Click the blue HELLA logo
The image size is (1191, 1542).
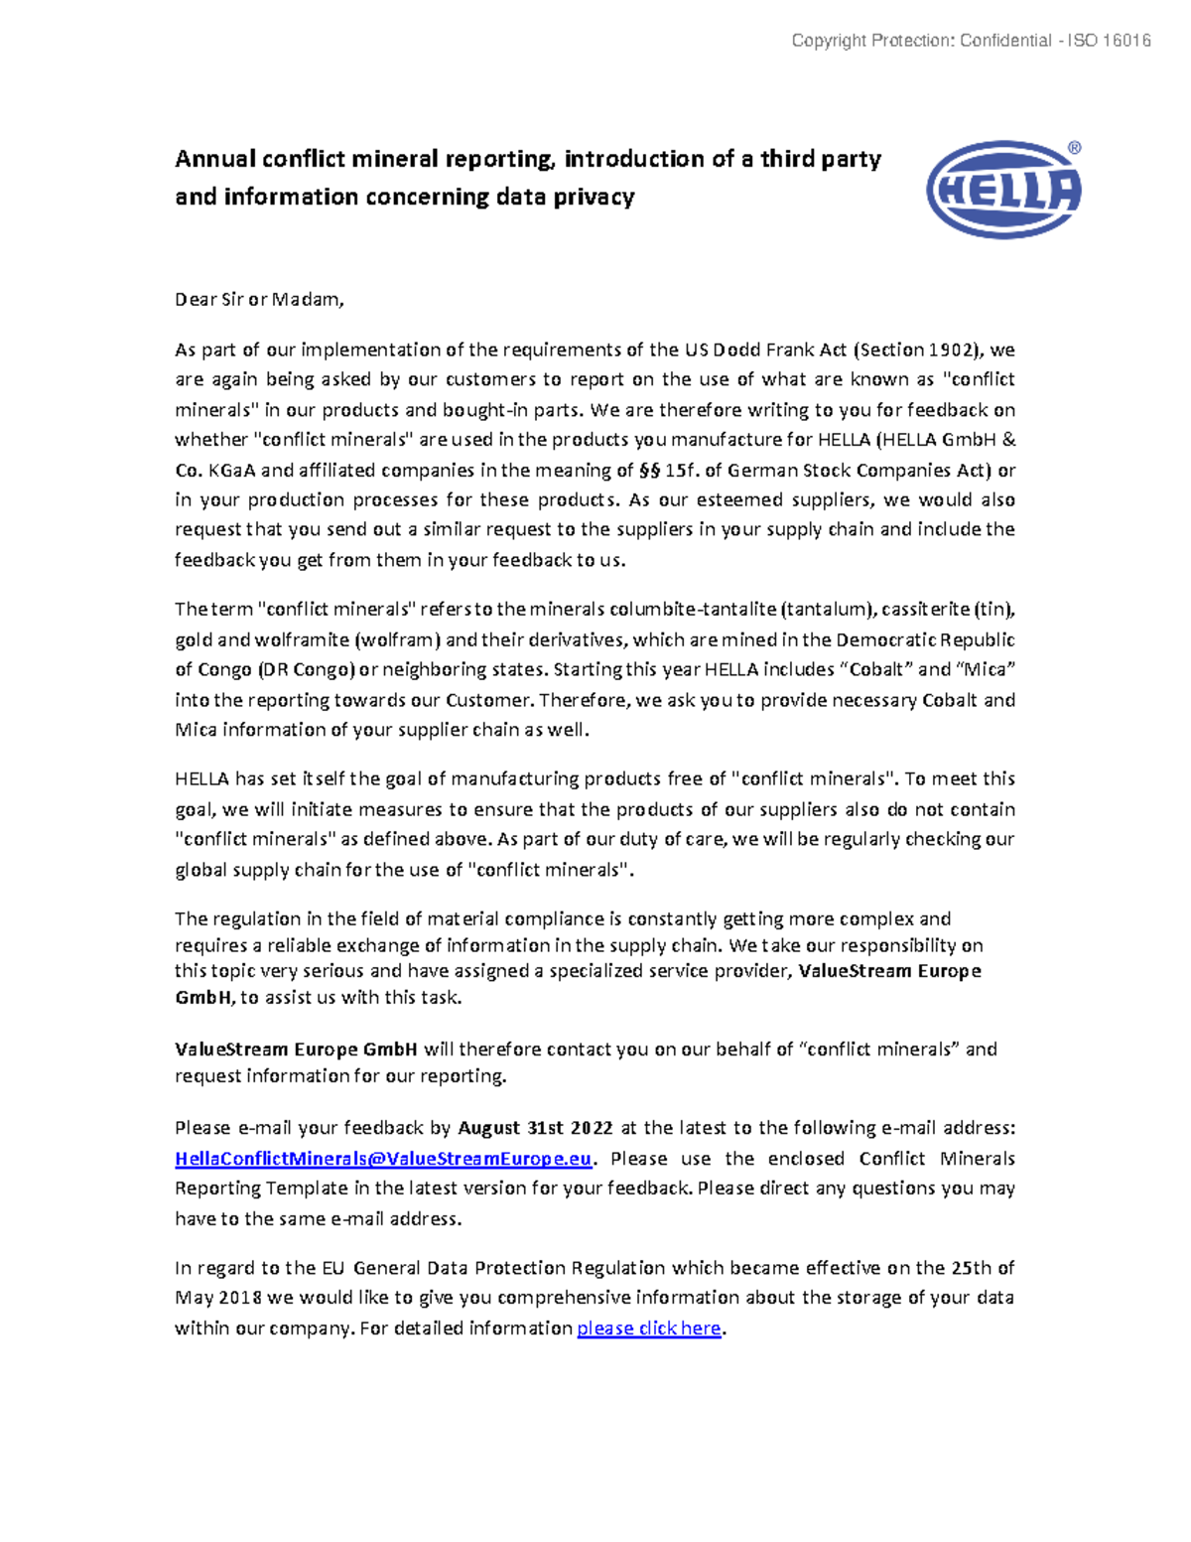point(1003,189)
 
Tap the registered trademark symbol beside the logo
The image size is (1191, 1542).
point(1074,148)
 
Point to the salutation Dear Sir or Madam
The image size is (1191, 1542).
point(259,299)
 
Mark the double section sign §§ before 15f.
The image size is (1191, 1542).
point(649,470)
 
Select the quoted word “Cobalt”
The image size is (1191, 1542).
point(876,669)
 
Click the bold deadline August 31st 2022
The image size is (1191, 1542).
point(535,1128)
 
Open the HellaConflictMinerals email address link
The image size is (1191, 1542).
point(383,1159)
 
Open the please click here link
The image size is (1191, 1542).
point(648,1328)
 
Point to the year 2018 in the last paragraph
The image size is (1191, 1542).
point(240,1298)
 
